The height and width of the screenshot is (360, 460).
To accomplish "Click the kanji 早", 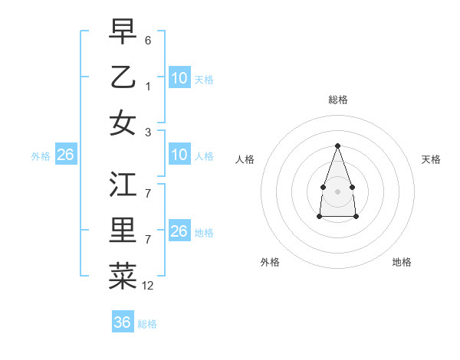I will coord(123,31).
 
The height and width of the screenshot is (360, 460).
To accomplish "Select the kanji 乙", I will coord(123,77).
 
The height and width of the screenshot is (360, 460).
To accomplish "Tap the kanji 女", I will coord(123,123).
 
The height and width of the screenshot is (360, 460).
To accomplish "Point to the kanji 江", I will coord(123,185).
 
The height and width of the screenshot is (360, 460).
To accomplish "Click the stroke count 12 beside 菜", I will coord(148,286).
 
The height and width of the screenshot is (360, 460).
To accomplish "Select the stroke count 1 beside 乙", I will coord(148,86).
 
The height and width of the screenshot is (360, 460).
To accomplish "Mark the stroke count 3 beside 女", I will coord(148,132).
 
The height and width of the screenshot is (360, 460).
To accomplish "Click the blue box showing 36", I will coord(123,322).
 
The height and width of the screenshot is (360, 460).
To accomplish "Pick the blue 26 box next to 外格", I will coord(65,155).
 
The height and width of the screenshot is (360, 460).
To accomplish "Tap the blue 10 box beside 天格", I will coord(179,78).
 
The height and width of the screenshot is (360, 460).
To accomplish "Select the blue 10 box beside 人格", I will coord(179,155).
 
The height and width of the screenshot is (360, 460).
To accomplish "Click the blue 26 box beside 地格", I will coord(179,231).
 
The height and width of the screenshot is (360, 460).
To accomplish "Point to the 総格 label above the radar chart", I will coord(337,100).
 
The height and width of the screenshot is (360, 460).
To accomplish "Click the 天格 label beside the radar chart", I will coord(431,159).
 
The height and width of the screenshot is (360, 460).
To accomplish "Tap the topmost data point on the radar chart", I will coord(337,146).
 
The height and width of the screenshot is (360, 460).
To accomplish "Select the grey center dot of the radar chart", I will coord(337,191).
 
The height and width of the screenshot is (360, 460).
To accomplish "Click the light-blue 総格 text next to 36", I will coord(147,324).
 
